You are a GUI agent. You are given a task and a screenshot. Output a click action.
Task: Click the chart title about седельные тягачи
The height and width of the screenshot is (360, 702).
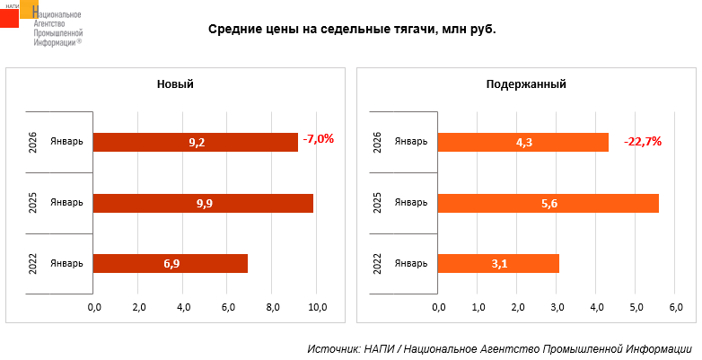coord(352,29)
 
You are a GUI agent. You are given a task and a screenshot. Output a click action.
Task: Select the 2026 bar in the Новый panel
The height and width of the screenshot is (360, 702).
coord(196,142)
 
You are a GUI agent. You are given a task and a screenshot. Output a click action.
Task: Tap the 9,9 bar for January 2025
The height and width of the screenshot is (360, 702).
coord(203,203)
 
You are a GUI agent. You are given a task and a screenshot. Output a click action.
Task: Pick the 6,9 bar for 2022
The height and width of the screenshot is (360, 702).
coord(171,264)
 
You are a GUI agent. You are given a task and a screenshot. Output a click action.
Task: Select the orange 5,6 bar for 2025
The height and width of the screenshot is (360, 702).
coord(548,203)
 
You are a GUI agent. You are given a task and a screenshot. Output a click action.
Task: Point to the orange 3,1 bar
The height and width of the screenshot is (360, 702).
coord(498,264)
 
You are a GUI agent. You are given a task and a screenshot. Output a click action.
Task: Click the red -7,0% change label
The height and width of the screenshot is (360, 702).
coord(319,139)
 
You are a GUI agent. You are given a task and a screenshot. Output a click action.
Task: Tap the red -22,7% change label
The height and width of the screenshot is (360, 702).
coord(643,141)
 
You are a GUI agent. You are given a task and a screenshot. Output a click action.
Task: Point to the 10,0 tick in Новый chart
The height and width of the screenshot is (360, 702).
coord(318,308)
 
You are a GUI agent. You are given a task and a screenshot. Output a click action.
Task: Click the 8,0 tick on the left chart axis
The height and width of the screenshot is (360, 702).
coord(273,308)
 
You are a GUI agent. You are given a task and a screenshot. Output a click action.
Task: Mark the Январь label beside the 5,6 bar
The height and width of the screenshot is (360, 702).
coord(412,203)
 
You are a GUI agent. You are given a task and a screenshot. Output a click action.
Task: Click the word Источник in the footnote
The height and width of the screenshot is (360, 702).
coord(333,348)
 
